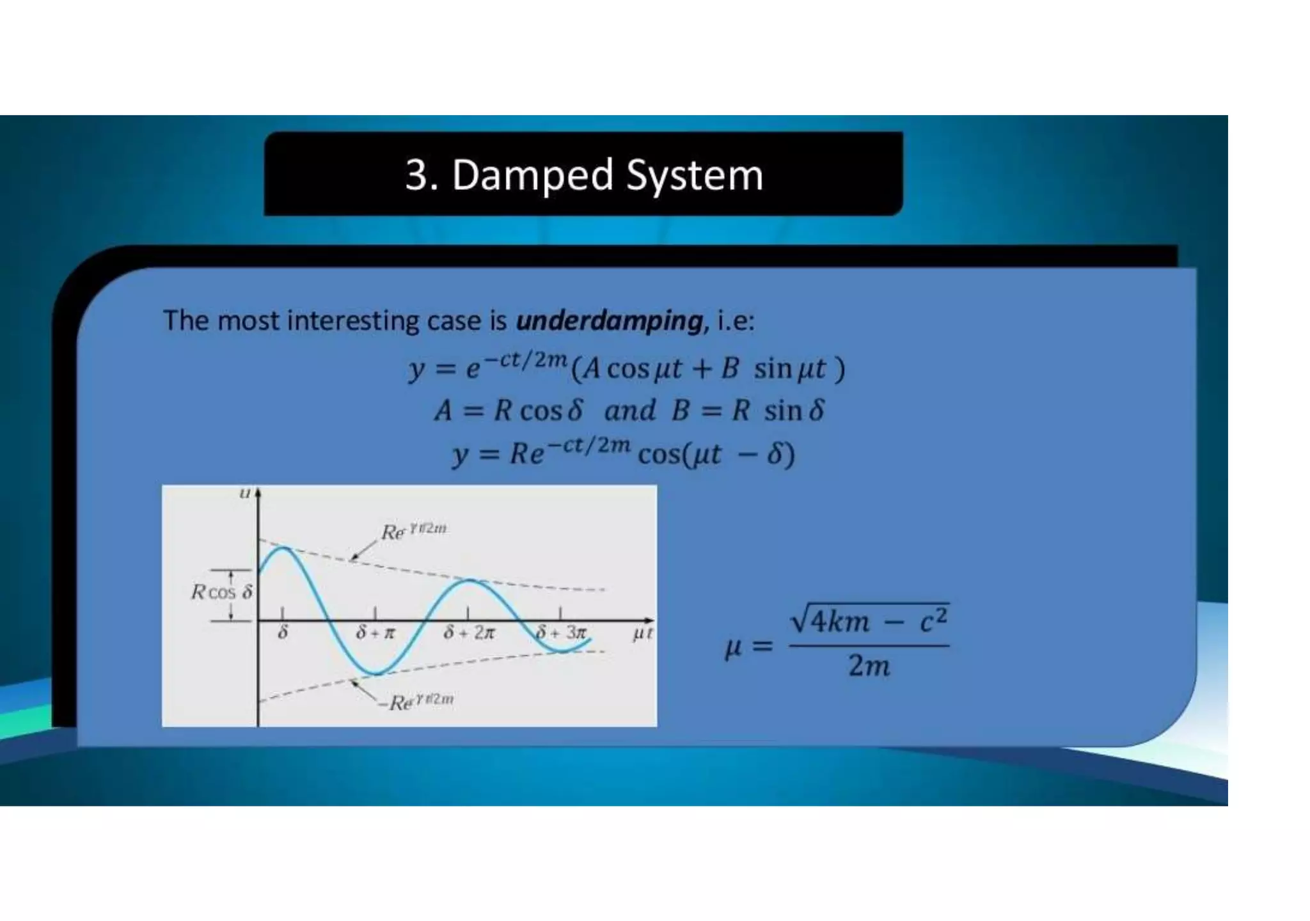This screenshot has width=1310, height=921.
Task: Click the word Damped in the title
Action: pyautogui.click(x=533, y=175)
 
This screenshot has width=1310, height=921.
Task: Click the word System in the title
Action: pyautogui.click(x=695, y=175)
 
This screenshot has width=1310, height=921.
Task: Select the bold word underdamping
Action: pyautogui.click(x=610, y=320)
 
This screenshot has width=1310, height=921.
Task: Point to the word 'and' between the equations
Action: pyautogui.click(x=629, y=410)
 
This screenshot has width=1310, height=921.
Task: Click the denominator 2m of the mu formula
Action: pyautogui.click(x=869, y=666)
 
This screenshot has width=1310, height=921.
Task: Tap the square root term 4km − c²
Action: pyautogui.click(x=870, y=620)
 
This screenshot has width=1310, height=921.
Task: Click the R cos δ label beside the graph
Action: pyautogui.click(x=222, y=592)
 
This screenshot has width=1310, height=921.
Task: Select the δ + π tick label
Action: pyautogui.click(x=375, y=633)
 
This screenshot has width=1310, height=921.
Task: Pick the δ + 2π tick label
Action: pyautogui.click(x=469, y=633)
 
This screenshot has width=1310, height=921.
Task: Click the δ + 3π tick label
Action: pyautogui.click(x=561, y=633)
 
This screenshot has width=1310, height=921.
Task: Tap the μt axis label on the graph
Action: pyautogui.click(x=642, y=634)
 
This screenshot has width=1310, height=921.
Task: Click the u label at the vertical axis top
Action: pyautogui.click(x=244, y=493)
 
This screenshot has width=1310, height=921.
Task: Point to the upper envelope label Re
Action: pyautogui.click(x=413, y=531)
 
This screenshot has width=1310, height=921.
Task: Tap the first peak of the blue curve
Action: pyautogui.click(x=282, y=549)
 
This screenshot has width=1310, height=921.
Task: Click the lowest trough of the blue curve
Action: pyautogui.click(x=377, y=673)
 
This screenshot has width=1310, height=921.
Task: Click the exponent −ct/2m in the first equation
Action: pyautogui.click(x=525, y=360)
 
